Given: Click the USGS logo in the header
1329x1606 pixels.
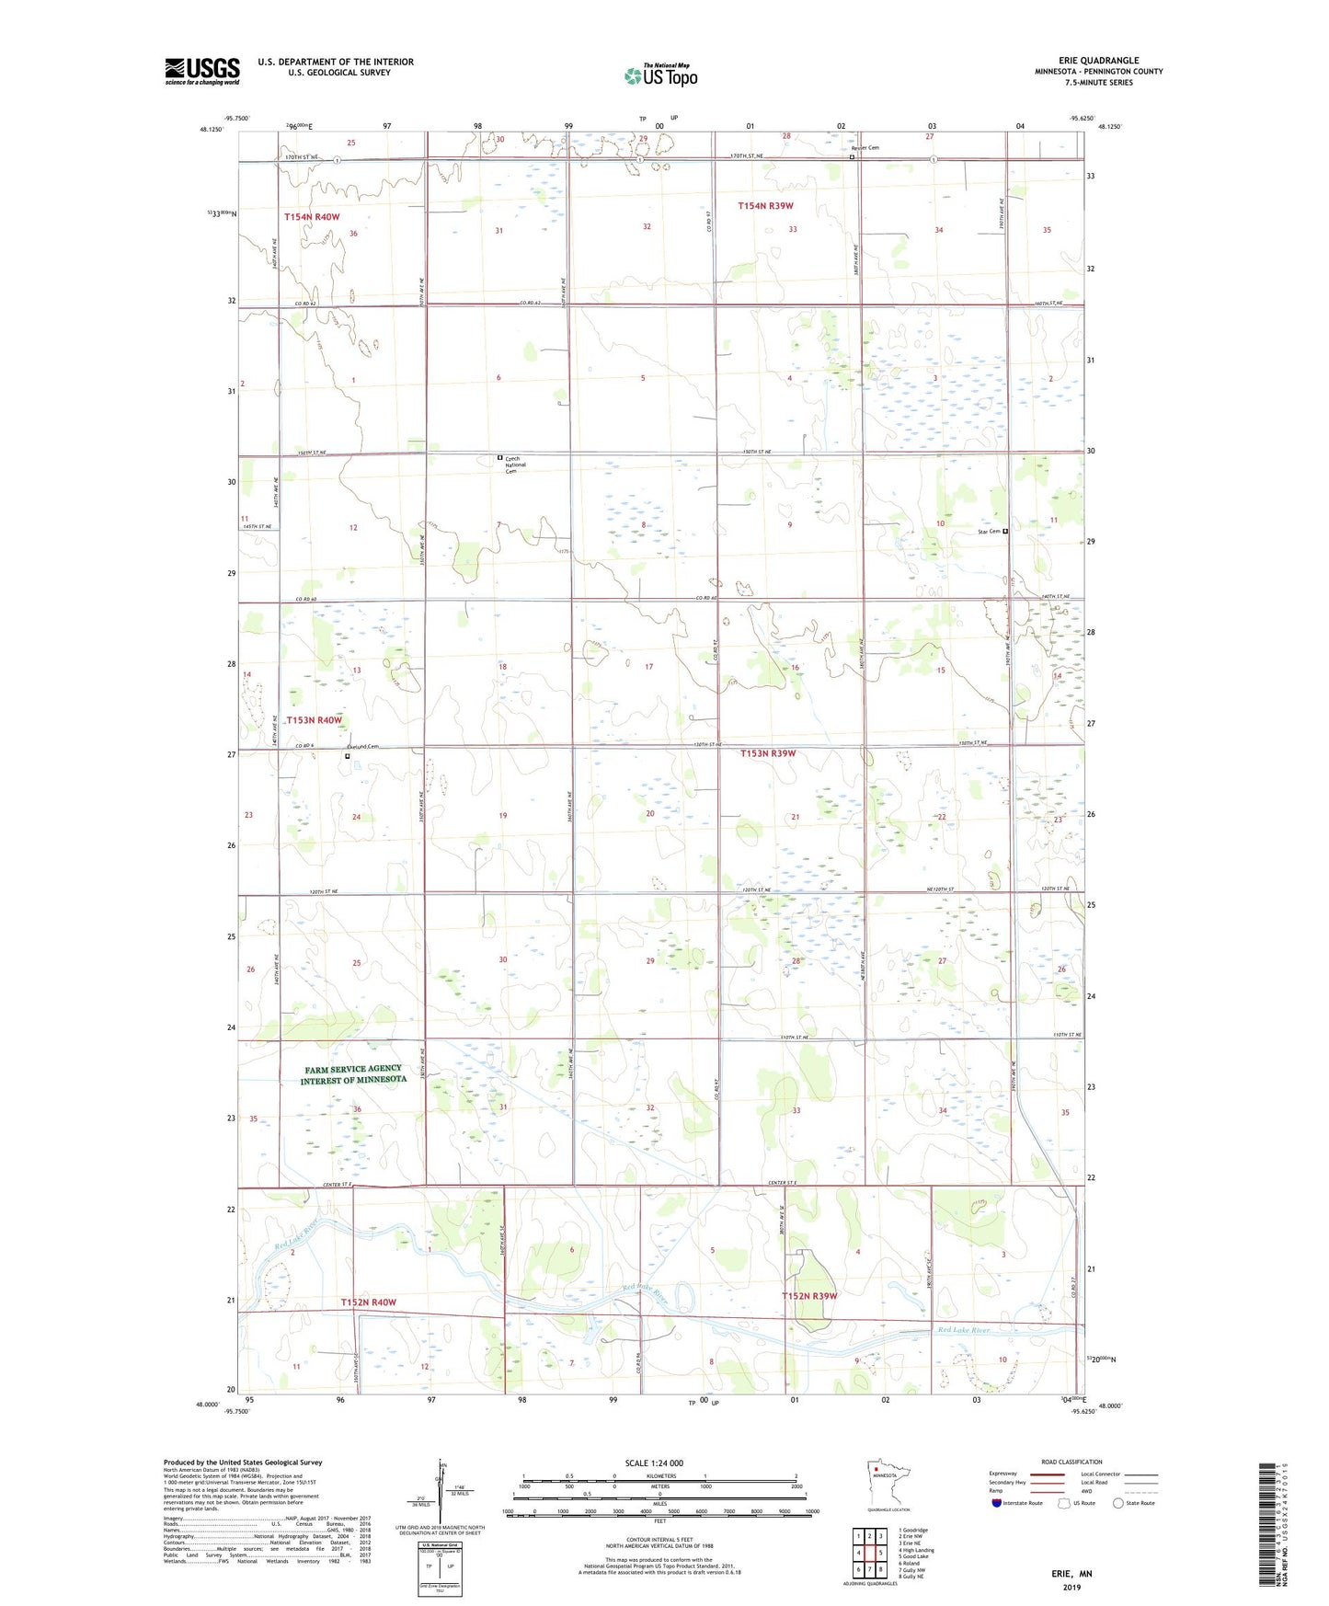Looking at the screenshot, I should tap(201, 71).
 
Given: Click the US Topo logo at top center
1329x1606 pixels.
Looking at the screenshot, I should tap(660, 75).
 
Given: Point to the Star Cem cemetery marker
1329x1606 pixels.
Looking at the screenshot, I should tap(1005, 532).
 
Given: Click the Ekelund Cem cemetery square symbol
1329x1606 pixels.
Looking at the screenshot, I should tap(347, 757).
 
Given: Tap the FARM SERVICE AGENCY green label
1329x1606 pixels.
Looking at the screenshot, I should tap(353, 1074).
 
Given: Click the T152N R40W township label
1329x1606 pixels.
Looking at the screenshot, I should tap(368, 1302).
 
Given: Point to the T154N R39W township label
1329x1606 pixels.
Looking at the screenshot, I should tap(765, 206).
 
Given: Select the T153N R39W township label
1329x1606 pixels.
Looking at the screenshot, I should tap(768, 753).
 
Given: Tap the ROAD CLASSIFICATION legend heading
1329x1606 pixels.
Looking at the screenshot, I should tap(1071, 1462).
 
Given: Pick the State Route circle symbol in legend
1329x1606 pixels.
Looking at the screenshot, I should tap(1118, 1503).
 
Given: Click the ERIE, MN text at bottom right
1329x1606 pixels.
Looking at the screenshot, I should tap(1071, 1574).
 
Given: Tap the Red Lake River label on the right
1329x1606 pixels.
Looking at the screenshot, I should tap(963, 1330).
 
